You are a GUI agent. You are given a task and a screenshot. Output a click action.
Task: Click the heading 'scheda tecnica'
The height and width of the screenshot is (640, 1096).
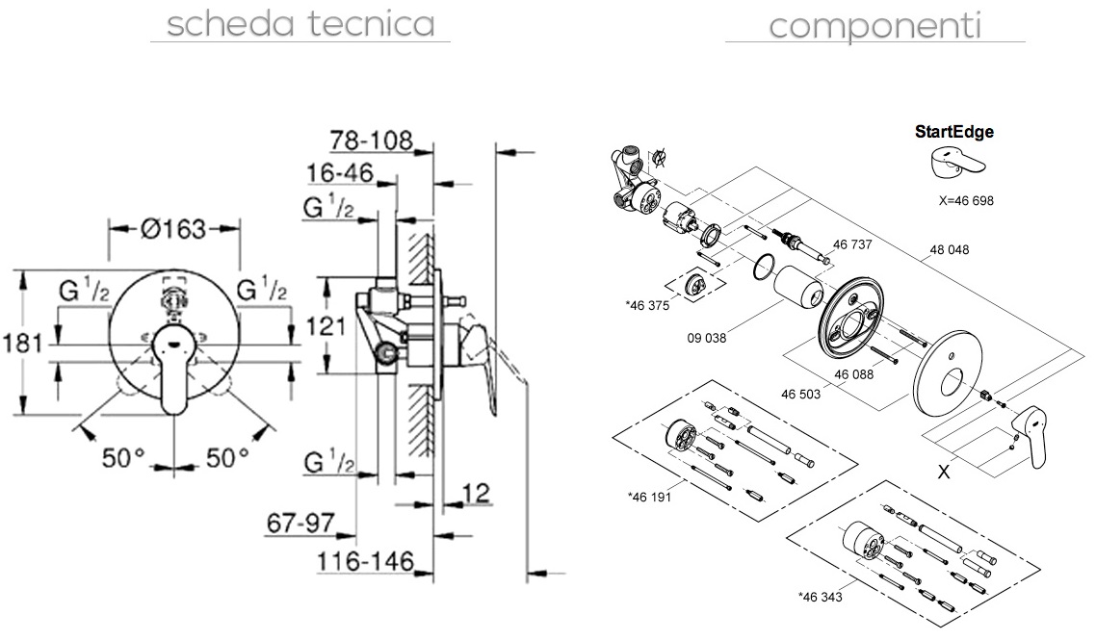(300, 23)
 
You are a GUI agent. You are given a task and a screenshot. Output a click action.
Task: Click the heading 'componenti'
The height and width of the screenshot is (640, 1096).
(874, 25)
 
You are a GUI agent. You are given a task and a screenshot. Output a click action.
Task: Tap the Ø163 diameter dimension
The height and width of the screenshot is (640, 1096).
(173, 229)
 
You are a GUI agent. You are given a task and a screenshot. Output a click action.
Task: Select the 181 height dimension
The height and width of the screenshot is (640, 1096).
(22, 344)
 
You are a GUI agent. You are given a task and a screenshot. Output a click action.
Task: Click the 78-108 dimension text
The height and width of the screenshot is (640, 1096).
(371, 141)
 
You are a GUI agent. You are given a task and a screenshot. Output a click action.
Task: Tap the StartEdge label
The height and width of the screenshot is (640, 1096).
(953, 133)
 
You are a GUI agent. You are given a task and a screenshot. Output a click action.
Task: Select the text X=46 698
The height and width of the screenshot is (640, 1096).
(965, 201)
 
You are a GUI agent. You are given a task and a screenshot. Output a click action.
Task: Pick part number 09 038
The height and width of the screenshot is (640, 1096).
(708, 338)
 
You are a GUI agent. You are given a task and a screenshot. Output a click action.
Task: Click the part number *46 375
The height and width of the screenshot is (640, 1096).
(647, 305)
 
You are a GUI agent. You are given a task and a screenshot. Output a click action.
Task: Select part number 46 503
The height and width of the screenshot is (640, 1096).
(802, 393)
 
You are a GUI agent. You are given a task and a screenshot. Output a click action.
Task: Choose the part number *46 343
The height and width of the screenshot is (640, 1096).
(822, 596)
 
